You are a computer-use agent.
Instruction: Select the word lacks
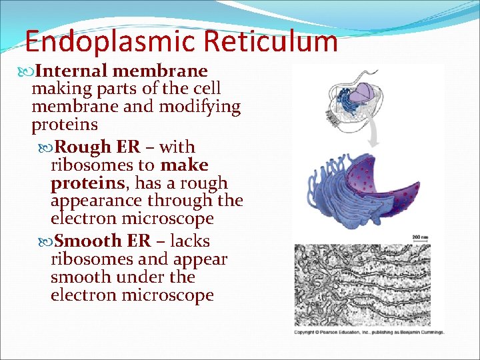[x=190, y=241]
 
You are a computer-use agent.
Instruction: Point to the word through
[x=183, y=201]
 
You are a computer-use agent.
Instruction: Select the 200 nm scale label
[x=421, y=237]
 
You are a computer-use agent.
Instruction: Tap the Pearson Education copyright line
[x=369, y=332]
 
